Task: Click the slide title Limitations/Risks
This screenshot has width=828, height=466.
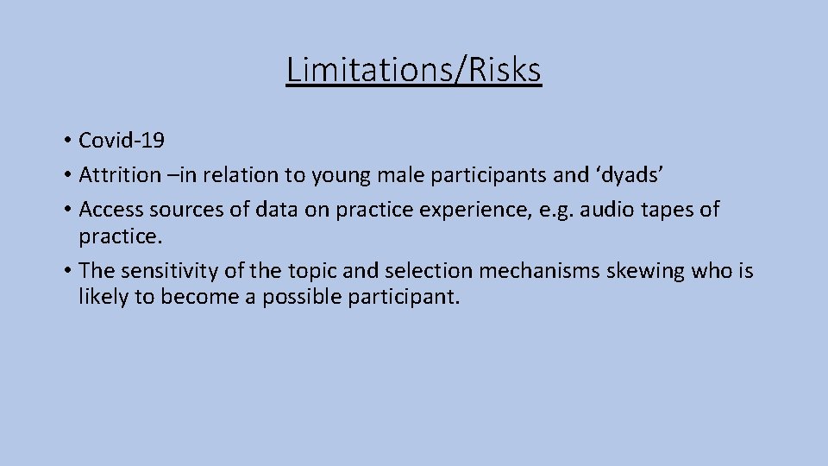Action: (x=414, y=70)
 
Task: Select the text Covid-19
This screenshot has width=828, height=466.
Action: (x=122, y=140)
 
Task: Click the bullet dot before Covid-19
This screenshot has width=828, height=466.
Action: (x=66, y=141)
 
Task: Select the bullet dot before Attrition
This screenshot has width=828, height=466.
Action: (x=66, y=176)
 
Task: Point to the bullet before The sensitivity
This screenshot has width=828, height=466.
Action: (x=66, y=272)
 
